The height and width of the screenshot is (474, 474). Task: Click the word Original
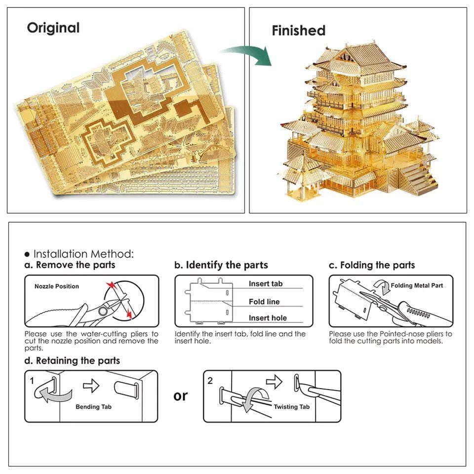(53, 28)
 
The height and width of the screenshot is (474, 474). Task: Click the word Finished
(298, 31)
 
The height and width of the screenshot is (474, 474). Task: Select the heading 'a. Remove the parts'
(70, 265)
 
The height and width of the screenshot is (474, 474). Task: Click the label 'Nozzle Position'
(56, 286)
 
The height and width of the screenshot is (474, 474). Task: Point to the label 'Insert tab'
(266, 284)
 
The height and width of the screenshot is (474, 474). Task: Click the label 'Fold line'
(264, 302)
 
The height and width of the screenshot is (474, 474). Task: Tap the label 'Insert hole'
(268, 318)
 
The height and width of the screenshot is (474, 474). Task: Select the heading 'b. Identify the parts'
(221, 265)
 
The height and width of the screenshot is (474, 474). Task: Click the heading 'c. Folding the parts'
(372, 265)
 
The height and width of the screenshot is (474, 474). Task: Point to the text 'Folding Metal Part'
(417, 285)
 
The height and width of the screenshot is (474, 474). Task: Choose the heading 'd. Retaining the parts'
(72, 361)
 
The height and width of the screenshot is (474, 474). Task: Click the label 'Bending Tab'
(94, 407)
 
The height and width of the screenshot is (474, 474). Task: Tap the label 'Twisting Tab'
(292, 407)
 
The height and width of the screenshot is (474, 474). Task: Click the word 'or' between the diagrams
(181, 396)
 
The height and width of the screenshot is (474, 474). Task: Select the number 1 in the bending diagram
(32, 381)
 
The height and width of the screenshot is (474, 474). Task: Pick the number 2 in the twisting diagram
(210, 381)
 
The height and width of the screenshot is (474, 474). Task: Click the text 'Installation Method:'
(83, 254)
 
